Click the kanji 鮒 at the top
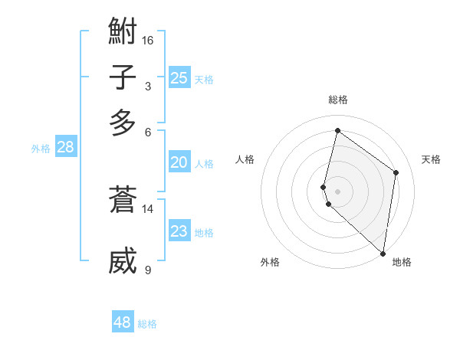123,33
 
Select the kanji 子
123,78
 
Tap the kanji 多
123,123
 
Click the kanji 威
123,260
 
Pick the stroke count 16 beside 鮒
148,40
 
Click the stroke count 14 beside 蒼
148,208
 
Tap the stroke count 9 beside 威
148,269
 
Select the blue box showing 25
179,77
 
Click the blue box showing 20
179,162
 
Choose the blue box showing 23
179,231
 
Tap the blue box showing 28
65,147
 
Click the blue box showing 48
123,322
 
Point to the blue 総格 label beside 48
147,324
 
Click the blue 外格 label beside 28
41,149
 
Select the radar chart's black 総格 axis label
337,100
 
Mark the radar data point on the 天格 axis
396,172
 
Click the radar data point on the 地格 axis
383,254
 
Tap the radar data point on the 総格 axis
337,131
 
